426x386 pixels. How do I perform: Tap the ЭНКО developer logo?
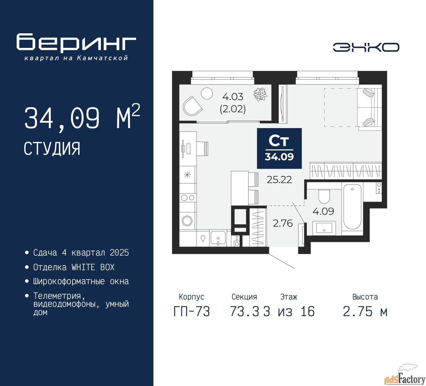click(x=366, y=47)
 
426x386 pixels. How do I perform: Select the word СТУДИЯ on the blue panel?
click(x=52, y=149)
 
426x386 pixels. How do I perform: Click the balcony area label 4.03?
click(x=233, y=97)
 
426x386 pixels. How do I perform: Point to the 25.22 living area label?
click(x=279, y=180)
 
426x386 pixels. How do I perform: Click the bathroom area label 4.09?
click(x=323, y=211)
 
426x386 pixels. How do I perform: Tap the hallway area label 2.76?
click(x=283, y=223)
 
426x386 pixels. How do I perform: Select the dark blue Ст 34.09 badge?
click(x=279, y=148)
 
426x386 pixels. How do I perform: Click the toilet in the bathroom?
click(x=324, y=196)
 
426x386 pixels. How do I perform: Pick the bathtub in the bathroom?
click(x=352, y=207)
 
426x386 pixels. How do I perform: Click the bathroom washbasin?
click(x=324, y=228)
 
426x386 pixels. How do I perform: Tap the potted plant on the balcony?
click(x=260, y=94)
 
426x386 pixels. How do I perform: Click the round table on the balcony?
click(x=207, y=93)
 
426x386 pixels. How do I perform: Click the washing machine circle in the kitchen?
click(x=187, y=221)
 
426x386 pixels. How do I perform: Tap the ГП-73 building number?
click(x=192, y=312)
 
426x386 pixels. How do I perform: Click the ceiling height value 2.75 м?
click(x=365, y=312)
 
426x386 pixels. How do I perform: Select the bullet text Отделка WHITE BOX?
click(x=74, y=267)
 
